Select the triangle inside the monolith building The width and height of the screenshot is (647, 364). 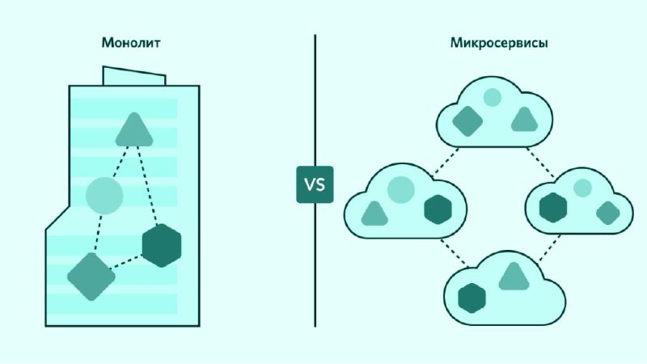coord(133,129)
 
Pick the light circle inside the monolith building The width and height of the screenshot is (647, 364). coord(104,195)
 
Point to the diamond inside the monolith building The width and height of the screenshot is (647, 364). coord(91,276)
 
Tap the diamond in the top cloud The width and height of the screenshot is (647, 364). coord(467,121)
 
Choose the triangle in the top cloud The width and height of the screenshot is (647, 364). coord(524,120)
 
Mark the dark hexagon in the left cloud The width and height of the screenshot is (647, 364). coord(437,210)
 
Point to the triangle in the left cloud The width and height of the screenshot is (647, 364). coord(374,214)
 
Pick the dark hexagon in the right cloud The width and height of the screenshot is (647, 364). coord(554,207)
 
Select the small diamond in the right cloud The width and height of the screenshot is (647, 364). coord(607,213)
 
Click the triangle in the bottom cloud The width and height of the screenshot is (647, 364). coord(514,277)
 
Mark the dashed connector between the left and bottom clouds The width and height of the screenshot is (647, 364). coord(454,253)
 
